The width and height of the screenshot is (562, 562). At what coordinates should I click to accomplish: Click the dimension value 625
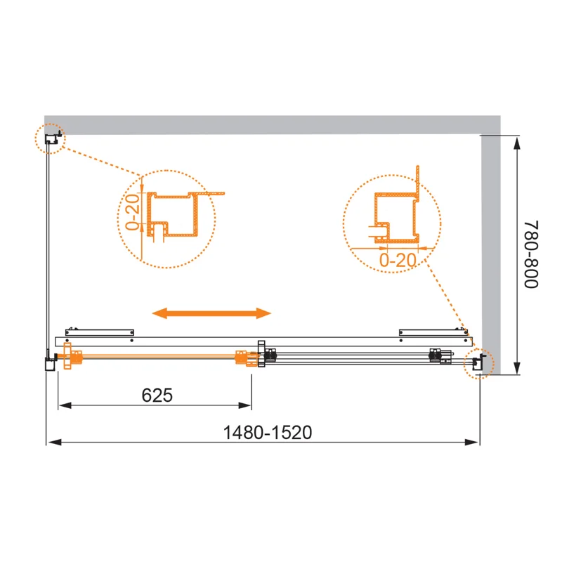coord(157,396)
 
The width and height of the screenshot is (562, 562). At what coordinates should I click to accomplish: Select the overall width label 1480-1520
coord(268,433)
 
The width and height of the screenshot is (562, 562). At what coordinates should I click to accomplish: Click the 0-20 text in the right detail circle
coord(398,259)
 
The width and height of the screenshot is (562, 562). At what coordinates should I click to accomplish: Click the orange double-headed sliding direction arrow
coord(213,313)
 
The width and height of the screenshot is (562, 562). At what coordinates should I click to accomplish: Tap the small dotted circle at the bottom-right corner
coord(479,362)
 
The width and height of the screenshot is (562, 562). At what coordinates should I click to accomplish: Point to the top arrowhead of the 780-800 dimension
coord(518,143)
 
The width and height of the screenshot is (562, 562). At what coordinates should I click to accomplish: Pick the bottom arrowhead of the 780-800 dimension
coord(518,369)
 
